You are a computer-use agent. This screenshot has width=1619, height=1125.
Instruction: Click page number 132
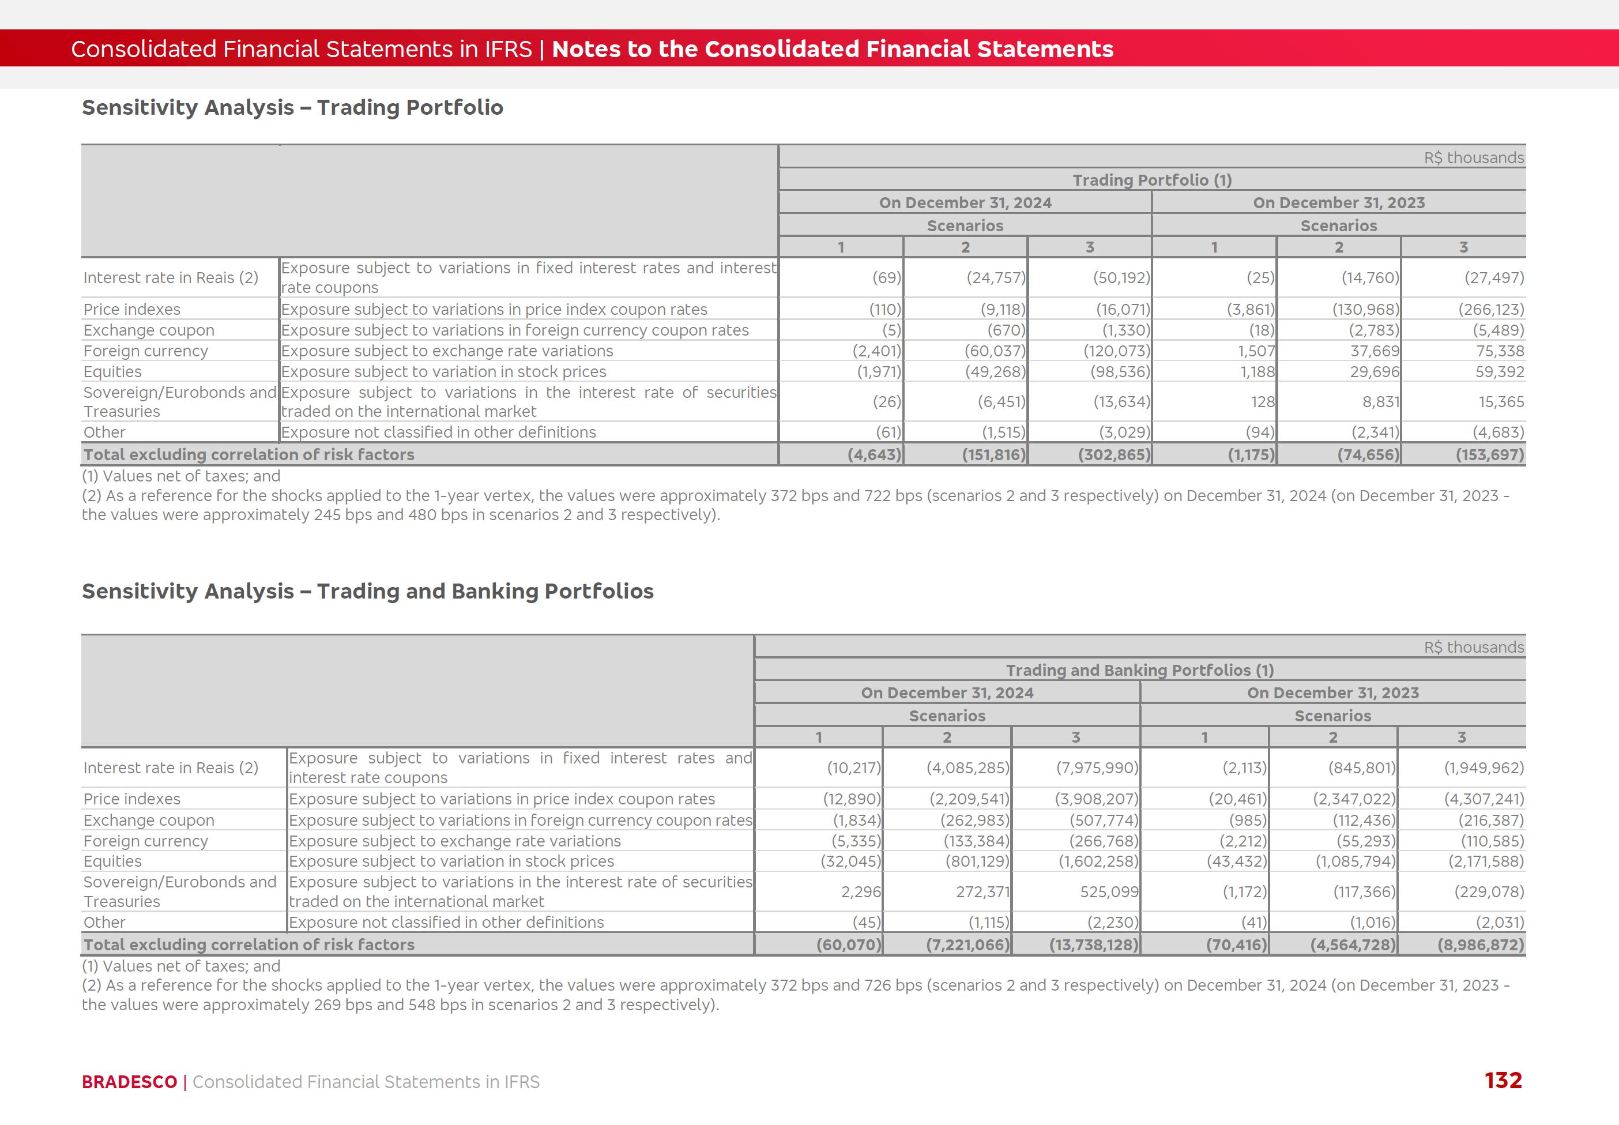tap(1503, 1081)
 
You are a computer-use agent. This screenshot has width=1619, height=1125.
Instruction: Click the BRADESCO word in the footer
tap(129, 1082)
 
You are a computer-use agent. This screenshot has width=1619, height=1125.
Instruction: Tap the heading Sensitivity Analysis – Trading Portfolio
tap(292, 107)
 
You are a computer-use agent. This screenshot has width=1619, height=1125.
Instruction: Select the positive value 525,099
tap(1109, 891)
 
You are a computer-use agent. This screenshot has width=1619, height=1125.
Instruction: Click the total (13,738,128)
tap(1093, 945)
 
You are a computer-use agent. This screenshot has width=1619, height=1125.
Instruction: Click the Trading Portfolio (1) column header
tap(1152, 180)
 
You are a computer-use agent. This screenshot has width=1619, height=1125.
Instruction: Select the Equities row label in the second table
tap(113, 861)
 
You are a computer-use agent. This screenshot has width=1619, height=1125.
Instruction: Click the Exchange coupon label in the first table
tap(149, 330)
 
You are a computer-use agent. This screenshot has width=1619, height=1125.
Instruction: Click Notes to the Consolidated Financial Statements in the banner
tap(833, 48)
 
